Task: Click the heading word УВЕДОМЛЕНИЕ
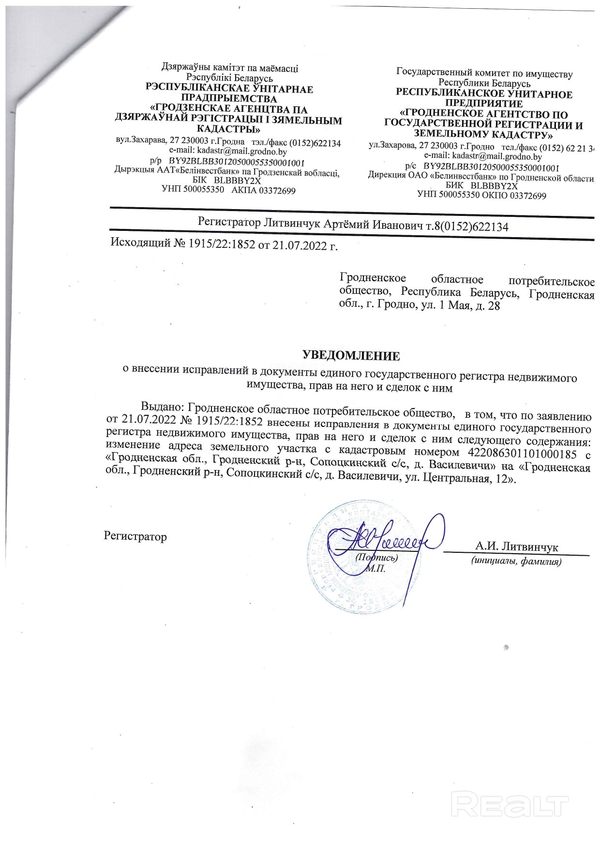(351, 356)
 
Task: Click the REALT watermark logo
(510, 804)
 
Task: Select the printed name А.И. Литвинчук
(516, 547)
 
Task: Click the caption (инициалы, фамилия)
(516, 561)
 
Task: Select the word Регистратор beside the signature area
(135, 536)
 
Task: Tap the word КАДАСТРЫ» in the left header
(228, 129)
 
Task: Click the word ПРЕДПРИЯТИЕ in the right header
(484, 104)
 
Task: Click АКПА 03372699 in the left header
(263, 190)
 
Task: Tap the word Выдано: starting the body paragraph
(162, 409)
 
